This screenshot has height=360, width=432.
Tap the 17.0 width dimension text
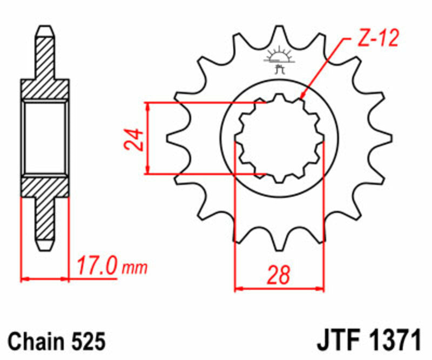pos(97,266)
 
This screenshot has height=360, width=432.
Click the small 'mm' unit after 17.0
pos(134,269)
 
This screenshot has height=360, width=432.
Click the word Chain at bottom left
pos(38,342)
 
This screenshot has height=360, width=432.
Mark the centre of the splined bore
pos(279,138)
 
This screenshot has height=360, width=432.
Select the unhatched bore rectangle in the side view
pos(45,137)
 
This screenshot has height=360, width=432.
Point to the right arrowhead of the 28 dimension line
pos(322,289)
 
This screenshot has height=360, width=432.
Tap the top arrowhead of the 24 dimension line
pos(147,103)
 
